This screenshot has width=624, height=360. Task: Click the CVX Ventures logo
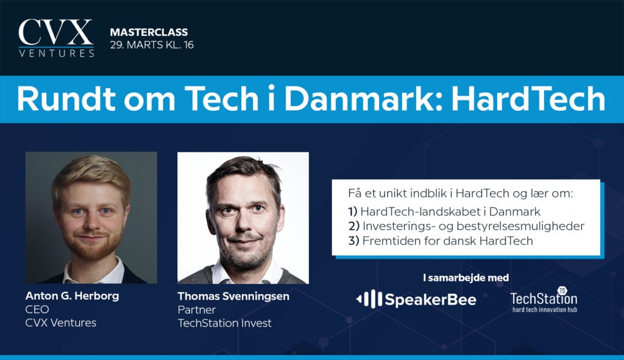(56, 38)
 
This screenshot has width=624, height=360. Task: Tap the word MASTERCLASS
(149, 32)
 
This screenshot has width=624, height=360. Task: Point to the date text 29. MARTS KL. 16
(152, 45)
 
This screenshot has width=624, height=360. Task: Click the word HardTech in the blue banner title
(528, 99)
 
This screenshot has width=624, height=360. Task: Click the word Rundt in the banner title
(66, 99)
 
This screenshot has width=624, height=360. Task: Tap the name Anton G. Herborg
(72, 296)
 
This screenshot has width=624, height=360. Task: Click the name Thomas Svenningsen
(233, 297)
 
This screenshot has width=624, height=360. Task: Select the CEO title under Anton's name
(37, 309)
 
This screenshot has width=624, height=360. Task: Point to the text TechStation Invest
(224, 323)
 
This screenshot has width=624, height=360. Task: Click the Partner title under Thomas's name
(197, 310)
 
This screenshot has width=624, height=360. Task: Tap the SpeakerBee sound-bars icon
(369, 299)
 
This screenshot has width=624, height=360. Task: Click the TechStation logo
(544, 300)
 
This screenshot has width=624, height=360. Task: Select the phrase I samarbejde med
(466, 278)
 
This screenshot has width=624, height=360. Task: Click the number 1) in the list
(353, 211)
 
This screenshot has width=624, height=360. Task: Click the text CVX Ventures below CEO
(61, 323)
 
